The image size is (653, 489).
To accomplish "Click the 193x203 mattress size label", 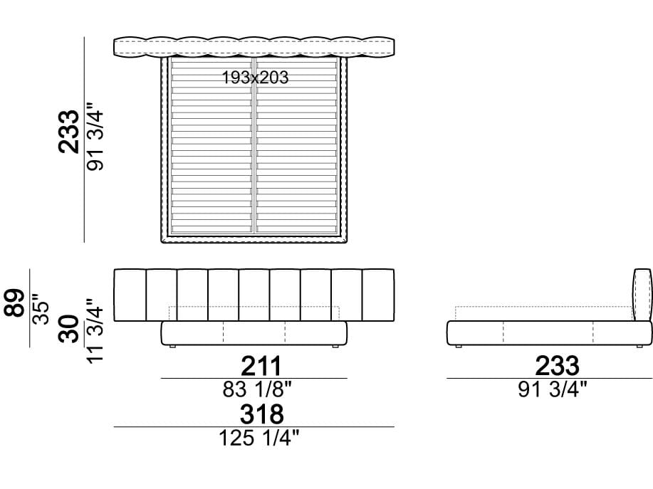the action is [x=255, y=78].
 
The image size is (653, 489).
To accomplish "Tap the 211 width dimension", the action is [x=261, y=367].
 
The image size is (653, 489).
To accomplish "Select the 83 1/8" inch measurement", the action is [x=257, y=390].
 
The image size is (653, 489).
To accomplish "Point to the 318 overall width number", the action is [x=261, y=414].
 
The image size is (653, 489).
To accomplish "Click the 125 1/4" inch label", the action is [x=259, y=438].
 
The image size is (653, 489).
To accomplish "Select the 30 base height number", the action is [x=68, y=329].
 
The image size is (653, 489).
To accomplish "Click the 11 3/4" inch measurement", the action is [x=95, y=331].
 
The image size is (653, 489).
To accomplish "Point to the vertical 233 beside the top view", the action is [x=68, y=132].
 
